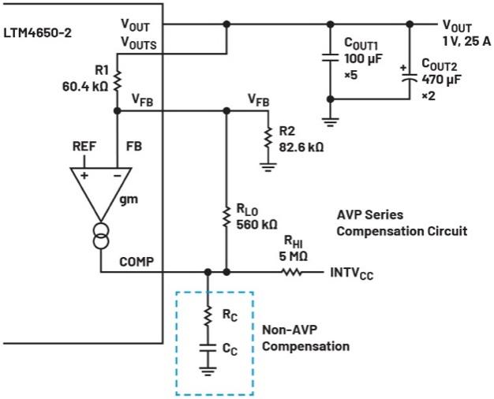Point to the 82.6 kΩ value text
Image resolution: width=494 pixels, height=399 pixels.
[x=301, y=146]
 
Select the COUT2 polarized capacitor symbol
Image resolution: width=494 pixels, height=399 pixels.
[x=408, y=76]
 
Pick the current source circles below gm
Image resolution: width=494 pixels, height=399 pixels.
[x=102, y=237]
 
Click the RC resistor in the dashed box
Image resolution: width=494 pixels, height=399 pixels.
[x=208, y=315]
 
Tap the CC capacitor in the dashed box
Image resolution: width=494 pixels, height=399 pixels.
[x=208, y=346]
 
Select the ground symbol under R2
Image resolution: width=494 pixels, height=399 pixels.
[x=266, y=166]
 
